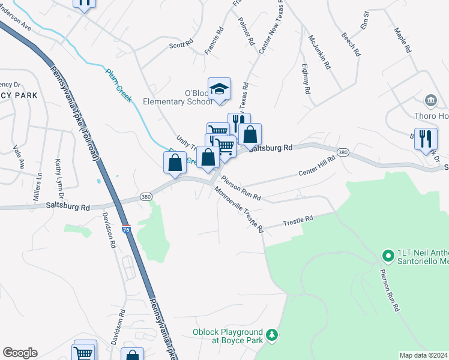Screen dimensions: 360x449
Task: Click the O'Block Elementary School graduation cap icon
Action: point(220,89)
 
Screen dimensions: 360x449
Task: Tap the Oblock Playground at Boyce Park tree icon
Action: point(273,334)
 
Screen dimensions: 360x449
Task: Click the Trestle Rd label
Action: point(299,221)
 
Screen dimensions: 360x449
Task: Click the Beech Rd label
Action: point(351,43)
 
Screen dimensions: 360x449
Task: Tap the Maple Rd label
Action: point(402,39)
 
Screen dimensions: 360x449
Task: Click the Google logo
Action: point(20,353)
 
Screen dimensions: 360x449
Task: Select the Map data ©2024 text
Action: point(423,355)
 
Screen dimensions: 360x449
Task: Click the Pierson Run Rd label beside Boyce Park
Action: point(389,290)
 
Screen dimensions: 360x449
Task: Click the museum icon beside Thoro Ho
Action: point(431,100)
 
